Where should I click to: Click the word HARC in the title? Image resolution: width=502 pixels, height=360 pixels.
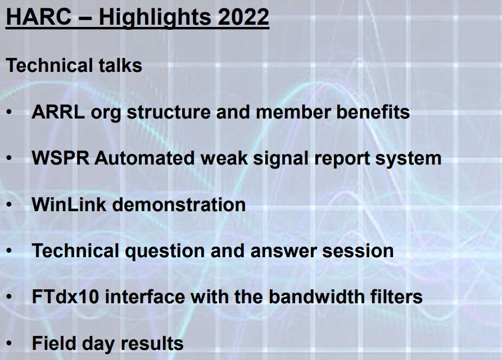39,17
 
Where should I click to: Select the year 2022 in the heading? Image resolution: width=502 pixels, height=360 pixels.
243,17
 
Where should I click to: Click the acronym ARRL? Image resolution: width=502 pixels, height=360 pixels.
58,112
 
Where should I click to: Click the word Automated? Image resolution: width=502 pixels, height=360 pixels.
144,158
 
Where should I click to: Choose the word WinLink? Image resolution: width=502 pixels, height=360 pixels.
69,204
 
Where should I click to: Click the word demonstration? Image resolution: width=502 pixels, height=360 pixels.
179,204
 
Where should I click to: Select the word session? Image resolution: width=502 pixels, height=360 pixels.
358,250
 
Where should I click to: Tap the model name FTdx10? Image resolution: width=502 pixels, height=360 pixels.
65,297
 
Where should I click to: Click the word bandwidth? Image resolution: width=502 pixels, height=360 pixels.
316,297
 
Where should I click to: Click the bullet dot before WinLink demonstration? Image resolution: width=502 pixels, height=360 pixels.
9,204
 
